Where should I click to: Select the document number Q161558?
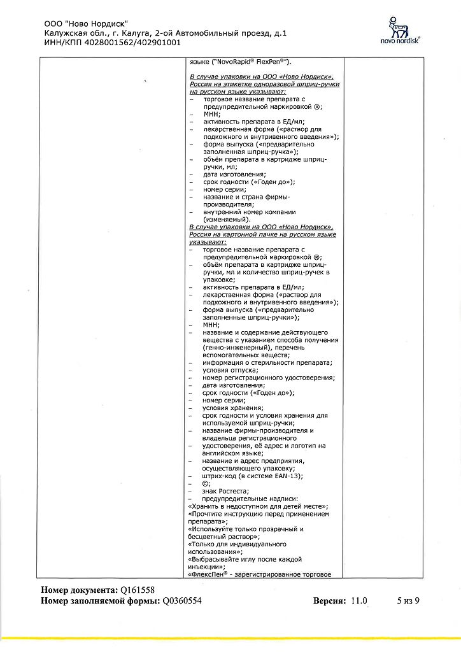click(x=138, y=590)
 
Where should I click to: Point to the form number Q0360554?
click(x=182, y=600)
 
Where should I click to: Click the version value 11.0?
click(x=358, y=600)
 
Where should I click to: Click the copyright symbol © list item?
click(x=206, y=483)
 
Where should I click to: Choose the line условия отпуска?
click(x=230, y=370)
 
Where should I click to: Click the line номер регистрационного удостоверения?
click(x=269, y=378)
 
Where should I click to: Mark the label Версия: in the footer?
click(x=328, y=600)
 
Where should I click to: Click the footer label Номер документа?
click(x=79, y=590)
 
